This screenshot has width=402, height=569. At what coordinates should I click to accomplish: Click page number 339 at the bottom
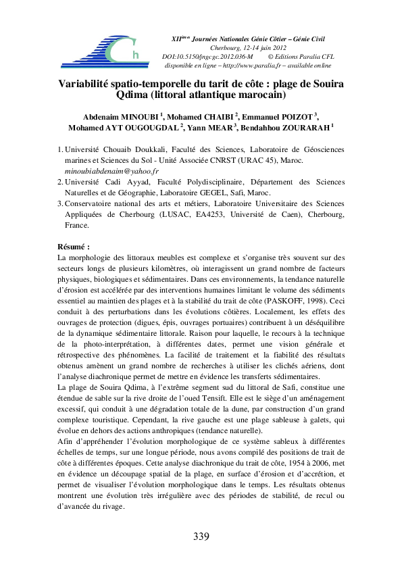(x=201, y=537)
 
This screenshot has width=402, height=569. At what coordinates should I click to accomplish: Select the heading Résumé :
(x=74, y=247)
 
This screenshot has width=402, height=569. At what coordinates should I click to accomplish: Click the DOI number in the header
(x=204, y=56)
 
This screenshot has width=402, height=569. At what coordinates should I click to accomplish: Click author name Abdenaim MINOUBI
(x=122, y=116)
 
